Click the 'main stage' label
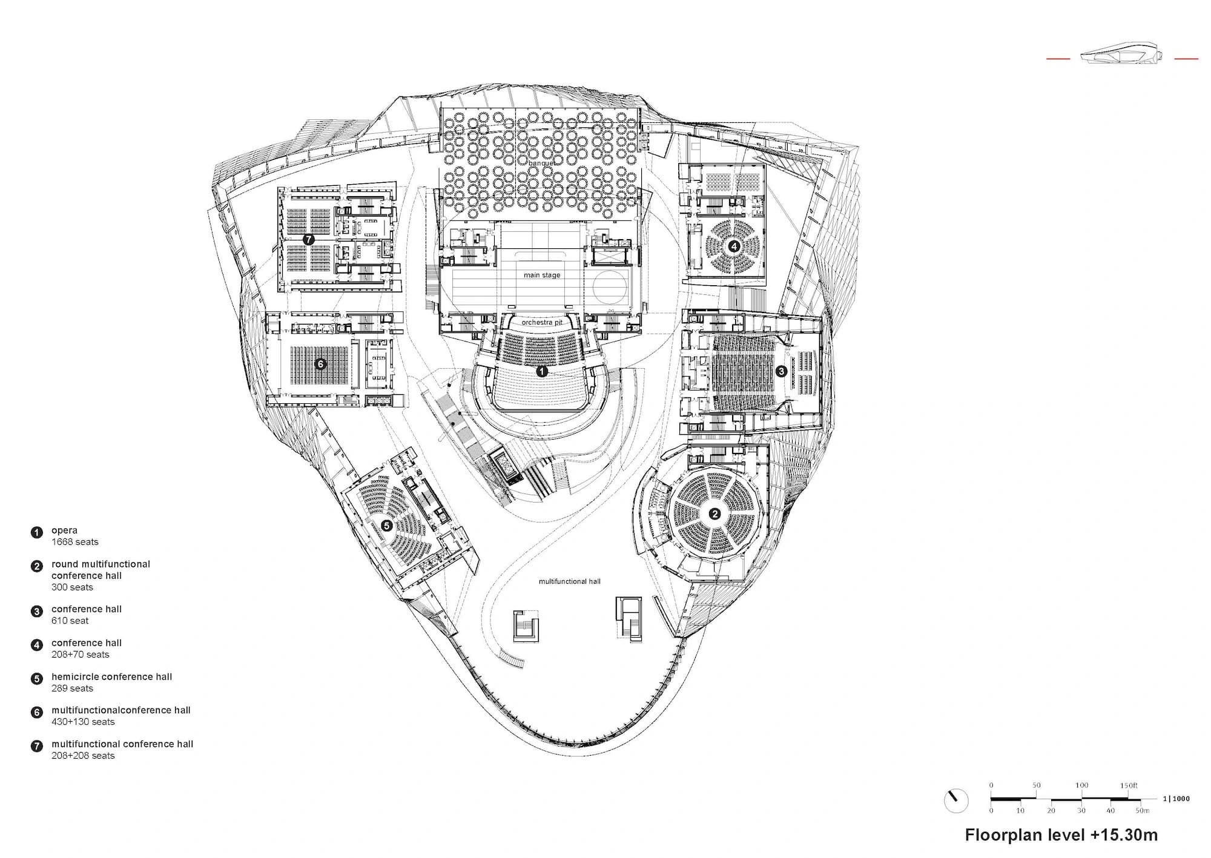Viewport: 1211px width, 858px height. (542, 275)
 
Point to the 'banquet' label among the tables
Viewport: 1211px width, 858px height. (541, 163)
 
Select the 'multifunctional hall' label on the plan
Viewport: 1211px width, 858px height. (570, 581)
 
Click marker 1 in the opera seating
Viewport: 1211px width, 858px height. (542, 371)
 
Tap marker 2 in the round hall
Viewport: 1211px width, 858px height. (714, 514)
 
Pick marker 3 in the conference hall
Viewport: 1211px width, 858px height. (781, 371)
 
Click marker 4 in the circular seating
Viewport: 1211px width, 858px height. (734, 246)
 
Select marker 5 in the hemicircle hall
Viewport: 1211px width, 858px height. (387, 526)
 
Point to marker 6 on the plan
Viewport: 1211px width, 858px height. (321, 364)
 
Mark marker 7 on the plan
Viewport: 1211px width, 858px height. (309, 240)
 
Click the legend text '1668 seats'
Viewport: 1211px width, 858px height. (75, 542)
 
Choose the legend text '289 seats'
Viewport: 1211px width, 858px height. (73, 688)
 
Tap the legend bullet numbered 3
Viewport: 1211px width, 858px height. (37, 612)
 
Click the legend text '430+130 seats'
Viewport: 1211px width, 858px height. (83, 722)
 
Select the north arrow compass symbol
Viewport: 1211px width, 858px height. (956, 800)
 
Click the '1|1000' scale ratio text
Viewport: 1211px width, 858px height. (1176, 799)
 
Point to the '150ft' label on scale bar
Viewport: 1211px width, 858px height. (1129, 785)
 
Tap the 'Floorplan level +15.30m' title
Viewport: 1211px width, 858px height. (1061, 835)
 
